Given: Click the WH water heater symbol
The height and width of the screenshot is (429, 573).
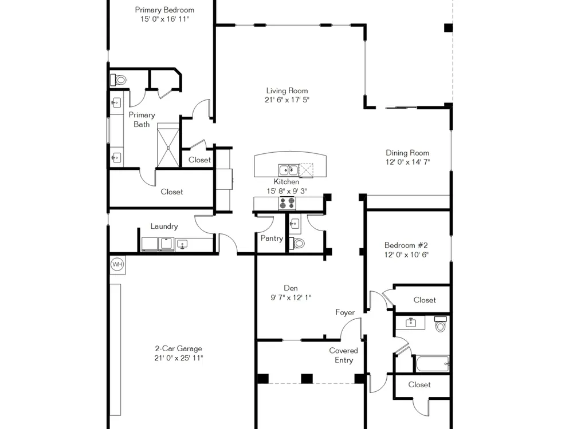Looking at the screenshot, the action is pos(117,264).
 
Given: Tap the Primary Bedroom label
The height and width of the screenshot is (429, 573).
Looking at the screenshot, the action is pos(164,10).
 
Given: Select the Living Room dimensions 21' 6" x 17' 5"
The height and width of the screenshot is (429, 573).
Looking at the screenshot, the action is pos(287,100).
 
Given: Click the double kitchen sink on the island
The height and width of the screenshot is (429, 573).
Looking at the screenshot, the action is pos(288,170).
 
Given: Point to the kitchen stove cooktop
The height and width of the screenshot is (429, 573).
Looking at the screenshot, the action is pos(287,203).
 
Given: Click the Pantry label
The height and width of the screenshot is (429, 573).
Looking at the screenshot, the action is pos(272,238).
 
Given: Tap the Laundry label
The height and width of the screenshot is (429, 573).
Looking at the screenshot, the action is pos(164,226).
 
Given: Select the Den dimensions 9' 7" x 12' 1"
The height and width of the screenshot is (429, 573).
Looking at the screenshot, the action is pos(291,297).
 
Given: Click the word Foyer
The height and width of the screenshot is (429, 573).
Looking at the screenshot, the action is pos(345,313).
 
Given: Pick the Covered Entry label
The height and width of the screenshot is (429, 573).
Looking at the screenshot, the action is pos(343,355).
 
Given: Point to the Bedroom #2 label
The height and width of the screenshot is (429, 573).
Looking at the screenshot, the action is pos(406,245).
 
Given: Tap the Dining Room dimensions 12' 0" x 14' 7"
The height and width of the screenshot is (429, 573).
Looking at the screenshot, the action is pos(407,162).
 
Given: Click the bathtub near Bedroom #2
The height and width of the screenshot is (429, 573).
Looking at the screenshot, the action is pos(433,364).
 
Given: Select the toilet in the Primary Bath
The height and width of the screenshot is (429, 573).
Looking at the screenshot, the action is pos(119,80).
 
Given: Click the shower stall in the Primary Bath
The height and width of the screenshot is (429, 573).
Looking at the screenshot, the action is pos(168,145).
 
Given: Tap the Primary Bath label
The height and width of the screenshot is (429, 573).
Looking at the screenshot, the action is pos(142,120).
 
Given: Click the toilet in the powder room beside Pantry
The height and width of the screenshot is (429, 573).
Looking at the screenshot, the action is pos(297,243).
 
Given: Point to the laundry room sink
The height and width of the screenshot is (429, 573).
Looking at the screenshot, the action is pos(182,244).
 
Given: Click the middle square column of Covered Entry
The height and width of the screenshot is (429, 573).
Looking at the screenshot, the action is pos(307,379).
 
